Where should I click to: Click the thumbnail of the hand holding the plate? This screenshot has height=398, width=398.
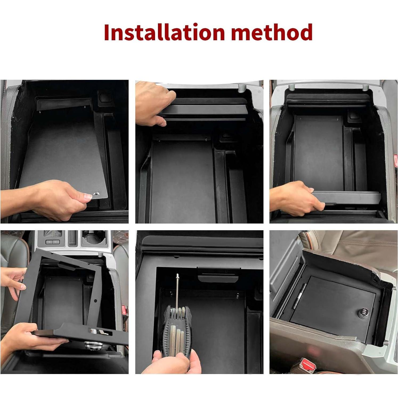[64, 151]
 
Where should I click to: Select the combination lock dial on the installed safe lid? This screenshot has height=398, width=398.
[363, 312]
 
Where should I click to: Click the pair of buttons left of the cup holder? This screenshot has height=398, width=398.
[52, 242]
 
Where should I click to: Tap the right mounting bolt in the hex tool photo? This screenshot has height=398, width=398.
[237, 295]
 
